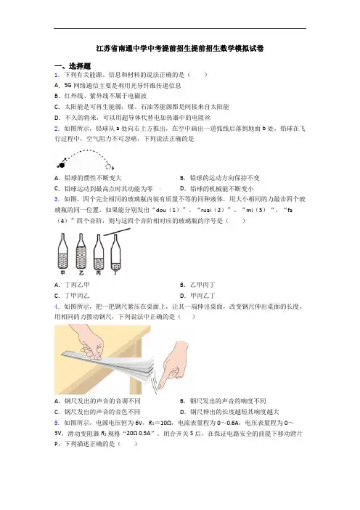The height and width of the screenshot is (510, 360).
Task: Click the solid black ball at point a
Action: click(62, 165)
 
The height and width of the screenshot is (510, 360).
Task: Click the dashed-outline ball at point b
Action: click(108, 166)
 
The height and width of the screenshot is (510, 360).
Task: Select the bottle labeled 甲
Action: click(62, 251)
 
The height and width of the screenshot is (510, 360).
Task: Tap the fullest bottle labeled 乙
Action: click(81, 251)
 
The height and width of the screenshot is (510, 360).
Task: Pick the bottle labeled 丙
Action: click(99, 252)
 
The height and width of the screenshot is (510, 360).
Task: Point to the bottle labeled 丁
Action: click(115, 252)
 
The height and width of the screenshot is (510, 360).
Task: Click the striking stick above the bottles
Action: click(117, 232)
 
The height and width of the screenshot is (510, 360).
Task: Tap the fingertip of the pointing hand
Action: click(160, 386)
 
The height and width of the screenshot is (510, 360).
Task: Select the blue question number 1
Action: click(57, 75)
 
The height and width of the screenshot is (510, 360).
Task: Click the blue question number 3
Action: click(57, 199)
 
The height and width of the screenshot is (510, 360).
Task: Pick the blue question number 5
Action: click(57, 423)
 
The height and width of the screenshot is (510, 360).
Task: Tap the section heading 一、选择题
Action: click(73, 66)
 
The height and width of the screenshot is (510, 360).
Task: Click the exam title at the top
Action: click(180, 49)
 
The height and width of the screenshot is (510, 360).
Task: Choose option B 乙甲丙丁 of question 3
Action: click(197, 286)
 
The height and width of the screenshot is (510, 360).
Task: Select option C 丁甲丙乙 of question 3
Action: click(72, 296)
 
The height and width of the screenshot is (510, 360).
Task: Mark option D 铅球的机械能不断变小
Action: click(217, 189)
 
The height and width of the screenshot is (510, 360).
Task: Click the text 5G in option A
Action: click(67, 86)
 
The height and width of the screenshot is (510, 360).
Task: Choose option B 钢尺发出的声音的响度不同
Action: click(223, 401)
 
